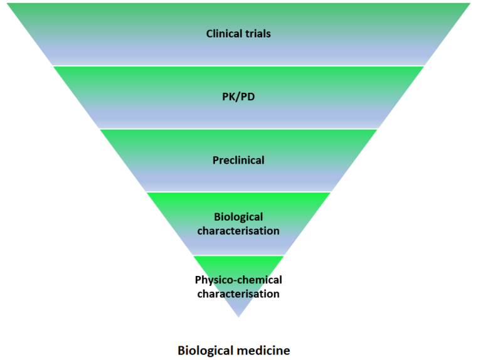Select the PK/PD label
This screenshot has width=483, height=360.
[238, 97]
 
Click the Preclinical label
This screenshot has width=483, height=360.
[238, 160]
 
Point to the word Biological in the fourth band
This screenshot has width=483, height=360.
[238, 217]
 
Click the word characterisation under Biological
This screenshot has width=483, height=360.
[238, 230]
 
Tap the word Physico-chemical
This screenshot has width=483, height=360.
[238, 280]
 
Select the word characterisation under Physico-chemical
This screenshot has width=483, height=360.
[238, 293]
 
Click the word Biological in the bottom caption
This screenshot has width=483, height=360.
[208, 350]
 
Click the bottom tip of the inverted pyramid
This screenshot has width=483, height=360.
[238, 315]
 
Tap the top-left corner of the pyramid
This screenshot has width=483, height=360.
[8, 4]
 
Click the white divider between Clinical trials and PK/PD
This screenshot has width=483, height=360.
[238, 66]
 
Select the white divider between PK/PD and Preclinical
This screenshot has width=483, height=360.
[238, 129]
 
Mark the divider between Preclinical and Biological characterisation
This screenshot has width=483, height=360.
[238, 192]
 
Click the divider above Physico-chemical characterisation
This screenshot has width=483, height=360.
[238, 255]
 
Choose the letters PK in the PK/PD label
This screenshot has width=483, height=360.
[228, 97]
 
